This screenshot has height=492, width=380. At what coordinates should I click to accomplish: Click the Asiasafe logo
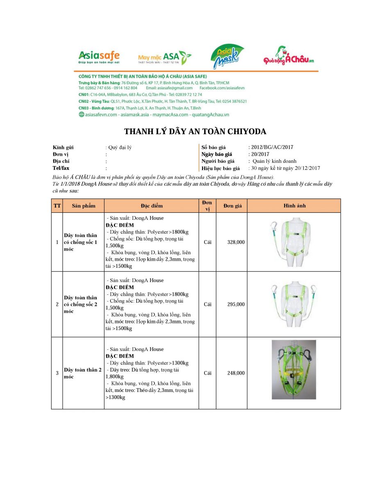(99, 57)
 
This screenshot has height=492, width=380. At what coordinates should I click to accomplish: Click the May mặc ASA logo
(164, 58)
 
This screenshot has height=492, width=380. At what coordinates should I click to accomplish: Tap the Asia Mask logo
(227, 57)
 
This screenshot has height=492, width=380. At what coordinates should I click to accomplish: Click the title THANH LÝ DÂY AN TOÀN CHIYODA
(195, 132)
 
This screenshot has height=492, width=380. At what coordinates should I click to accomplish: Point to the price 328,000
(236, 242)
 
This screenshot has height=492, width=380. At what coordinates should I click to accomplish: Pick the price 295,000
(236, 305)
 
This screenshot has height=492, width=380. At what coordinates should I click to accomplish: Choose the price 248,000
(236, 373)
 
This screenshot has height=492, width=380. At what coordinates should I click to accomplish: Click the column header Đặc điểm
(151, 206)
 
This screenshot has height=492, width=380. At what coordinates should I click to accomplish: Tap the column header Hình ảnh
(294, 206)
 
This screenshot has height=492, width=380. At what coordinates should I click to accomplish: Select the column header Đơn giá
(232, 206)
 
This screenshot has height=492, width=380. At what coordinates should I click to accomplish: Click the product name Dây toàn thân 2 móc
(83, 373)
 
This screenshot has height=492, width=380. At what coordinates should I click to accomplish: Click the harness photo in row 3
(294, 369)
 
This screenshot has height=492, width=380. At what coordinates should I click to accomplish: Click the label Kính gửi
(63, 147)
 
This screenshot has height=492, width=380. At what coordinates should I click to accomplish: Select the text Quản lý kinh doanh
(274, 161)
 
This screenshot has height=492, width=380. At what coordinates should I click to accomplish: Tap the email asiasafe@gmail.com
(175, 88)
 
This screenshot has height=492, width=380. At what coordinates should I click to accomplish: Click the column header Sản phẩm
(84, 206)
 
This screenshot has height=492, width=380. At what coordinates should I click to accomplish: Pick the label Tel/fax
(61, 168)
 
